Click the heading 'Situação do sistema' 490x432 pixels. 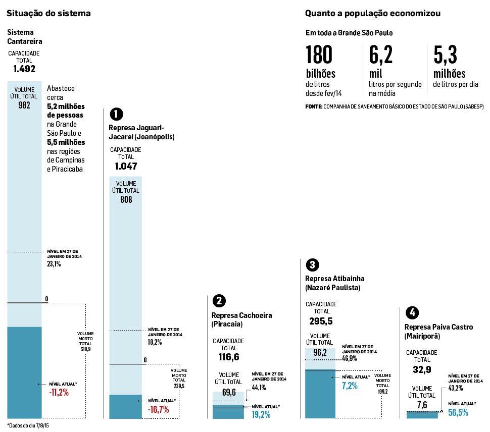[x=48, y=14]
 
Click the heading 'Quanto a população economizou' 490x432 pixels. [x=372, y=13]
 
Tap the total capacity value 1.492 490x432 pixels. [x=24, y=69]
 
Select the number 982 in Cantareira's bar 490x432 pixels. [x=24, y=105]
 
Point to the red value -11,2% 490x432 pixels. [x=59, y=393]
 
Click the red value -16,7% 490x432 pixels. [x=158, y=409]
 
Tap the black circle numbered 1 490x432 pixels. [x=116, y=114]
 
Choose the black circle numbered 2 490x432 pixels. [x=219, y=301]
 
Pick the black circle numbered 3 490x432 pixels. [x=312, y=265]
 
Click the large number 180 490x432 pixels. [x=319, y=55]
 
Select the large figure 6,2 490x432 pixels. [x=381, y=55]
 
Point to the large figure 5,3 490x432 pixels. [x=446, y=55]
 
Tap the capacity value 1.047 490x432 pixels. [x=126, y=166]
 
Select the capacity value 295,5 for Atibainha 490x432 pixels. [x=321, y=321]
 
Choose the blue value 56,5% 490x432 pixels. [x=458, y=412]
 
